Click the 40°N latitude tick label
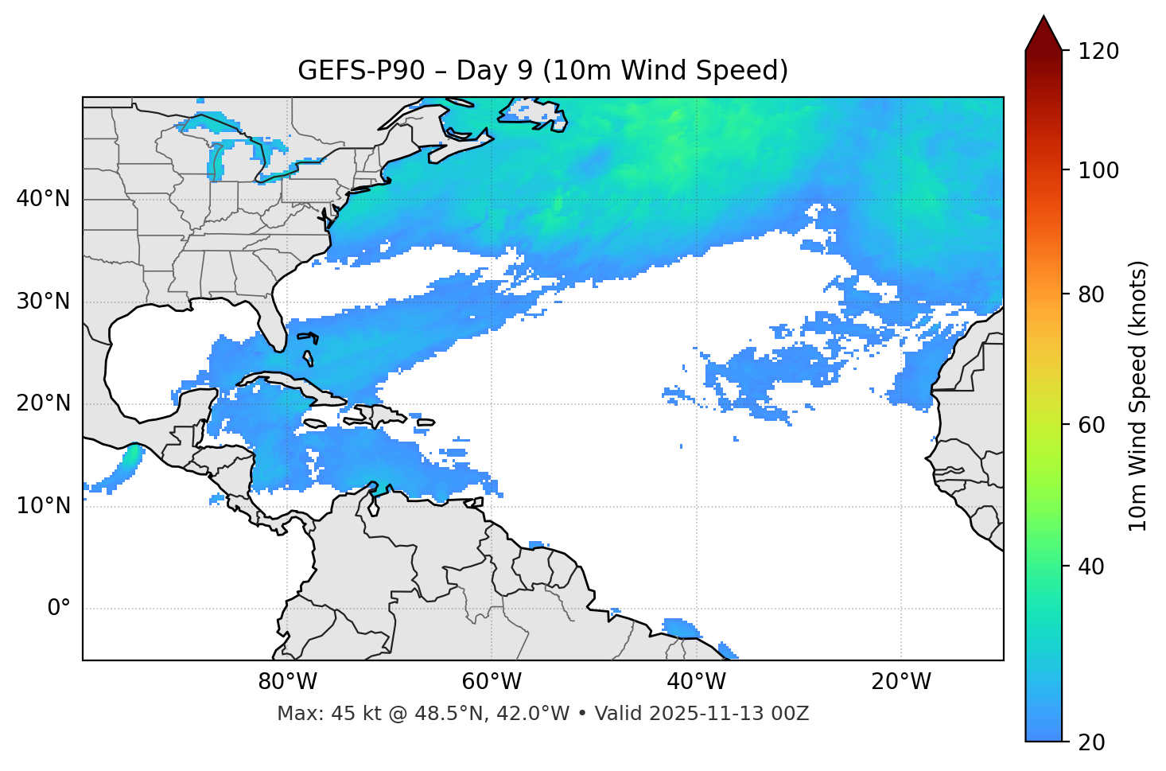click(x=43, y=199)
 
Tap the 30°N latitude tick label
click(x=43, y=302)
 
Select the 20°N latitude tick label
click(x=43, y=403)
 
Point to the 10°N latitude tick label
click(x=43, y=506)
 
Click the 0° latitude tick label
click(x=59, y=609)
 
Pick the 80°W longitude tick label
click(x=287, y=682)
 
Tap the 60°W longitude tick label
click(x=492, y=682)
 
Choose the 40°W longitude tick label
click(x=696, y=682)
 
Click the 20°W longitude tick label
click(x=900, y=682)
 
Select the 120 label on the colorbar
click(x=1098, y=52)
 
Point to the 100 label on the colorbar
click(x=1098, y=170)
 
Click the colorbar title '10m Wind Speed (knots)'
click(x=1138, y=395)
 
